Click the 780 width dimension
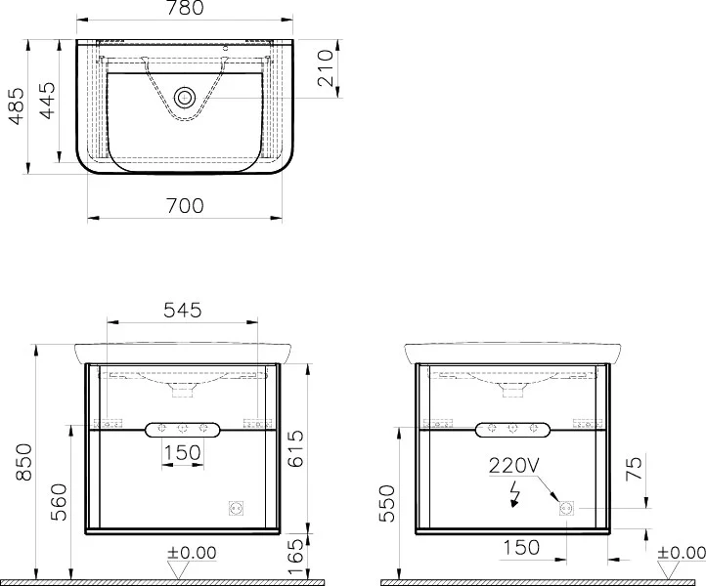(x=184, y=9)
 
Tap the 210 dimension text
(x=327, y=68)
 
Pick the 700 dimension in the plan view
(x=185, y=205)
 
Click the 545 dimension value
(x=182, y=310)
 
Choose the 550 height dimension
(x=388, y=504)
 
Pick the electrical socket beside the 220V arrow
(x=565, y=508)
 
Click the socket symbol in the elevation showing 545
(x=234, y=508)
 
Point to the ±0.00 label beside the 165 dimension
(x=192, y=553)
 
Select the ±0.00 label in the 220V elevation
(x=682, y=553)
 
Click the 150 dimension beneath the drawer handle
(x=182, y=452)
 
